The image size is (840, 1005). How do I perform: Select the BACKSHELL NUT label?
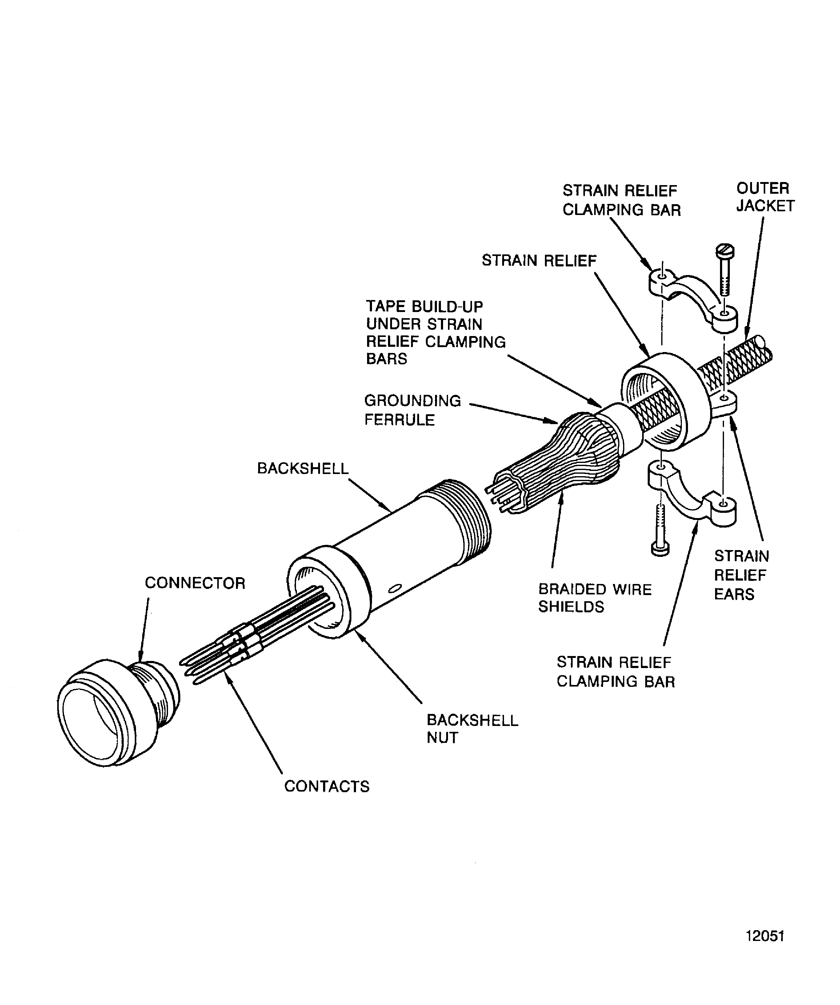[x=472, y=729]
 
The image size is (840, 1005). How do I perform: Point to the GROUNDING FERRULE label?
[x=412, y=410]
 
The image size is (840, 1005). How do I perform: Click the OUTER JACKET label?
[x=765, y=197]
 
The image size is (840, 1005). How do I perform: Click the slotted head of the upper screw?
[x=725, y=251]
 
